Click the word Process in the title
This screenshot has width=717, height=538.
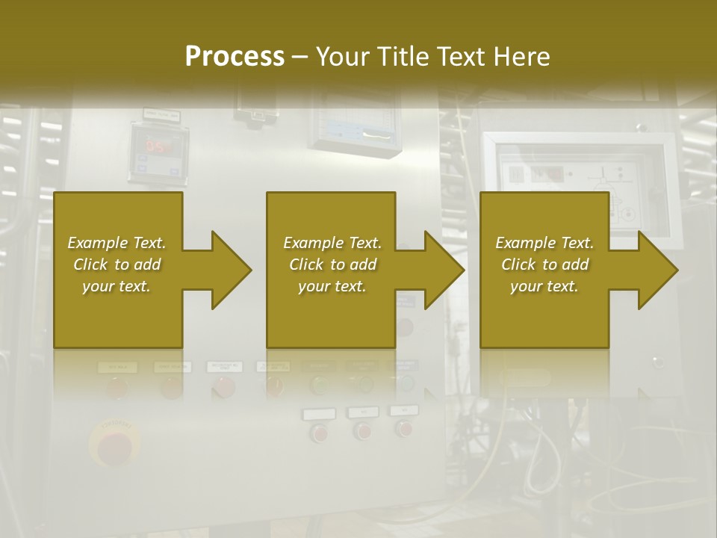coord(235,56)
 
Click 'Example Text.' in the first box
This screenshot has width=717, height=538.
coord(117,243)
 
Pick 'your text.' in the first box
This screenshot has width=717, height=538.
coord(117,286)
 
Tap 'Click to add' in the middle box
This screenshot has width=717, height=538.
coord(332,265)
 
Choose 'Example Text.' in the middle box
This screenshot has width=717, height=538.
coord(332,243)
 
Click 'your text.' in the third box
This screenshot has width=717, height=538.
coord(544,286)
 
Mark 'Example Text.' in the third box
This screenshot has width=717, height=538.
coord(544,243)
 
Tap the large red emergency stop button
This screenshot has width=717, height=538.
coord(114,447)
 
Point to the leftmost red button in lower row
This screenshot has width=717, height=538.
coord(320,432)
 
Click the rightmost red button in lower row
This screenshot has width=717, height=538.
coord(404,428)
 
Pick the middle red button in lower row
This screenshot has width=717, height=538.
coord(363,430)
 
